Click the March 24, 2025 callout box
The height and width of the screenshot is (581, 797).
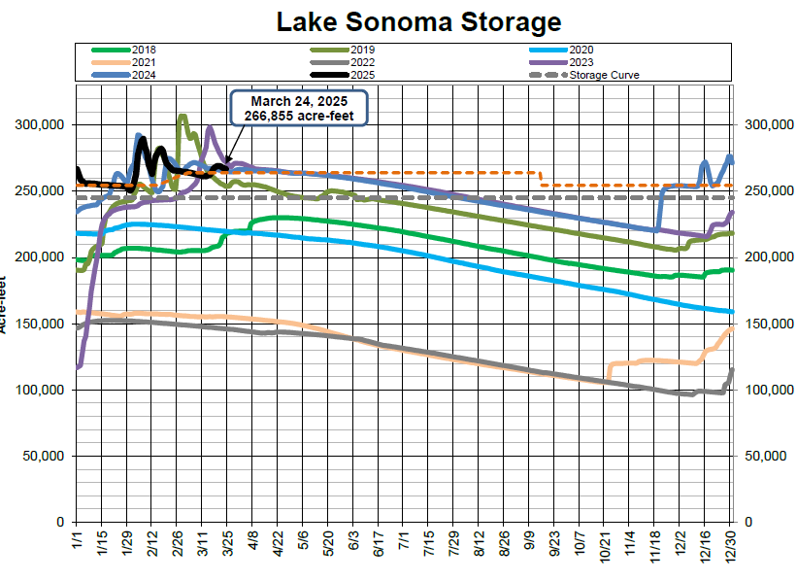(298, 109)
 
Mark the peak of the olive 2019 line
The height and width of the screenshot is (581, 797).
(182, 116)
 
